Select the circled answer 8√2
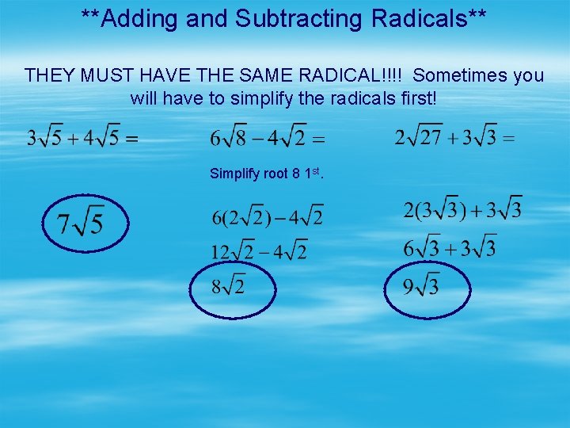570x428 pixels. point(230,284)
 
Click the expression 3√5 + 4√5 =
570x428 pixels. point(82,138)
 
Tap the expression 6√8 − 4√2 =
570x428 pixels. point(268,138)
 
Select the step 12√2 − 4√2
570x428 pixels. point(259,251)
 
